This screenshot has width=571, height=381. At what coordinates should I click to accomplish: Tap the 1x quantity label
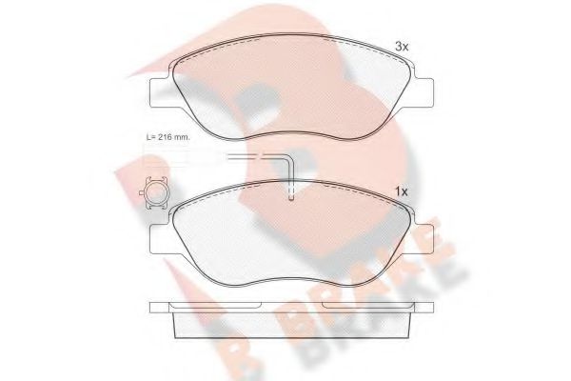coord(401,191)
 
